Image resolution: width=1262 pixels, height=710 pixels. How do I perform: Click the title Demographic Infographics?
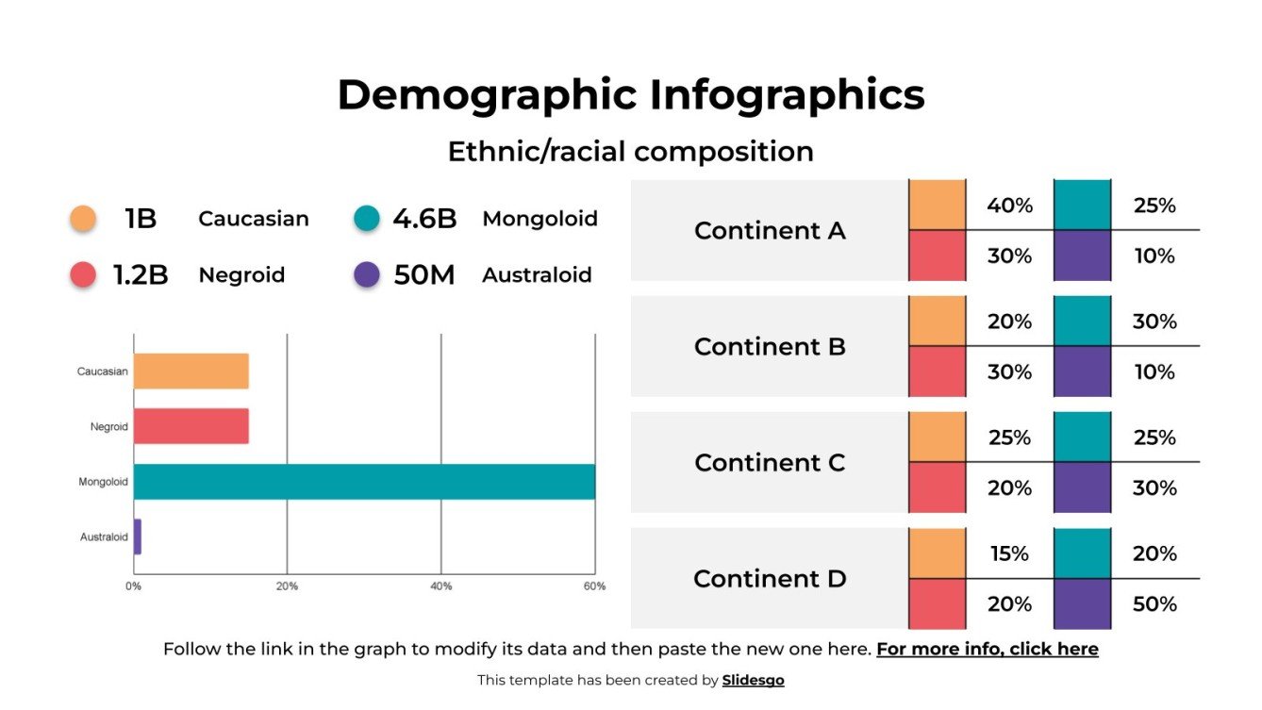click(x=630, y=95)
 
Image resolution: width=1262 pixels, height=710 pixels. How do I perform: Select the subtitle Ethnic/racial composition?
click(x=630, y=152)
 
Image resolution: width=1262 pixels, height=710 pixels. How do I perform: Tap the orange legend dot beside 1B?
click(x=83, y=219)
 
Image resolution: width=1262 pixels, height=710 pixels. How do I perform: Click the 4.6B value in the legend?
click(x=424, y=219)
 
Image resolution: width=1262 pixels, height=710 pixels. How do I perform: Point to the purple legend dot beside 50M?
click(x=366, y=275)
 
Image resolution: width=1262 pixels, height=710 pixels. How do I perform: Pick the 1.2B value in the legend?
click(x=141, y=275)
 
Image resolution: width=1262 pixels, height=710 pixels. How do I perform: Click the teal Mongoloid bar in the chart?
click(x=364, y=482)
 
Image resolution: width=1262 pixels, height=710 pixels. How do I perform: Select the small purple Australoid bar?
click(x=138, y=537)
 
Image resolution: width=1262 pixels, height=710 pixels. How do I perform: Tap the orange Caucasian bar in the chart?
click(x=191, y=372)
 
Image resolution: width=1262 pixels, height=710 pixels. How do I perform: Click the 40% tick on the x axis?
click(x=440, y=586)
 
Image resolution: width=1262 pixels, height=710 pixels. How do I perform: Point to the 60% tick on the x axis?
click(x=594, y=586)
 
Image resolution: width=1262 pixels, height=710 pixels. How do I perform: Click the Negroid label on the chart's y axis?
click(x=108, y=427)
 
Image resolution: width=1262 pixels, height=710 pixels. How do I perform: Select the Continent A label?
click(x=770, y=231)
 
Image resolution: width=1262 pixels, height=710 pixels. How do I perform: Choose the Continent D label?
click(x=770, y=579)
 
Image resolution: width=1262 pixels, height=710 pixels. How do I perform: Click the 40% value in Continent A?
click(x=1009, y=206)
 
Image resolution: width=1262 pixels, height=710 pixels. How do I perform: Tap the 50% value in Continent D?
click(x=1154, y=604)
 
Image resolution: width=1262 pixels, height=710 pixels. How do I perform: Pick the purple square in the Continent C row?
click(x=1082, y=487)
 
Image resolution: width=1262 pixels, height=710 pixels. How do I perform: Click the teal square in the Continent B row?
click(x=1082, y=322)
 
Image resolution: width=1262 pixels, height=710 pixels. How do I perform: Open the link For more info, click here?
click(x=987, y=650)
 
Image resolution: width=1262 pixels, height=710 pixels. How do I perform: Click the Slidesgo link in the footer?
click(x=753, y=681)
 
